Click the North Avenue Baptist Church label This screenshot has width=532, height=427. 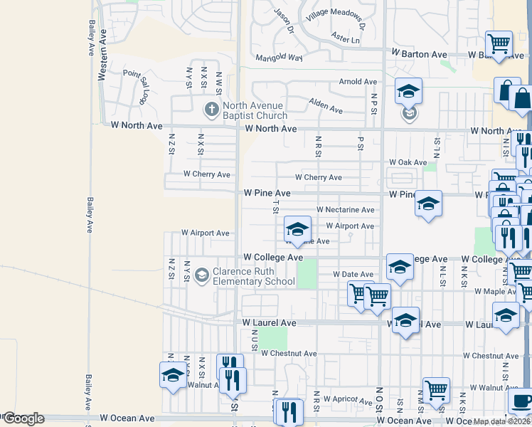[255, 110]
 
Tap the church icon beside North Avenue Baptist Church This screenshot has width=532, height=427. [211, 110]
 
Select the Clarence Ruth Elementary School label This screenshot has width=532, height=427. [254, 276]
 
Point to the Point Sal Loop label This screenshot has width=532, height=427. [137, 84]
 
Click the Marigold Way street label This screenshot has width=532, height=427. [279, 57]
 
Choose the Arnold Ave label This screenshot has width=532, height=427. [358, 82]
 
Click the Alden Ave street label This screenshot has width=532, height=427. [326, 106]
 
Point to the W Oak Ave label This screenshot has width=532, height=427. [407, 162]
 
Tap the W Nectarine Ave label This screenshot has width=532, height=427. [345, 210]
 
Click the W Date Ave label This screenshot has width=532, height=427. [353, 274]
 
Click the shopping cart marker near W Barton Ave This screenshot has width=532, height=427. [499, 43]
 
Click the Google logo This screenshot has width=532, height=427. [23, 418]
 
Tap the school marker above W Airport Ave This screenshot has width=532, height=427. [297, 229]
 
